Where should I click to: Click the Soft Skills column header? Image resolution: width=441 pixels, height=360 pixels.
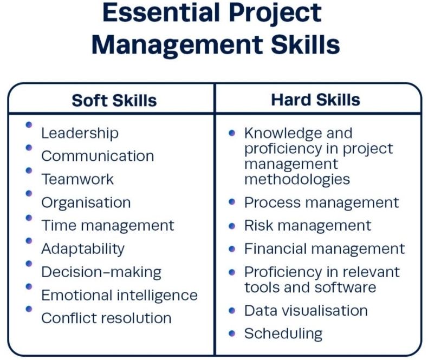click(x=114, y=100)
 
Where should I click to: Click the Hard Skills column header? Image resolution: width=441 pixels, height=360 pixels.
click(x=315, y=100)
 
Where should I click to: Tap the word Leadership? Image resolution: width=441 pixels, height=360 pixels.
click(x=80, y=134)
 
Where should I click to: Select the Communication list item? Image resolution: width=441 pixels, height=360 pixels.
click(x=98, y=156)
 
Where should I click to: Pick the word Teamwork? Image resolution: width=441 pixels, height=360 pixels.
click(x=77, y=179)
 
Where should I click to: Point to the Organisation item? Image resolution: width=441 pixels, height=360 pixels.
click(x=86, y=203)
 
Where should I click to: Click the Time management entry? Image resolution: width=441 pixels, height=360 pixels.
click(x=108, y=226)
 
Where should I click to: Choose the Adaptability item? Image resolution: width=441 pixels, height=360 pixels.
click(x=83, y=249)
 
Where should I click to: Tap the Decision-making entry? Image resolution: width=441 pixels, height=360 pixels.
click(x=101, y=272)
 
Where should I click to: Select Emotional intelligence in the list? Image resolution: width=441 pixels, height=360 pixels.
click(x=120, y=296)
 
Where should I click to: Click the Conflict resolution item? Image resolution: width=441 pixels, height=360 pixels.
click(x=106, y=318)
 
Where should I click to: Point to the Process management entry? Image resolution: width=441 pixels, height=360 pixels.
click(x=321, y=202)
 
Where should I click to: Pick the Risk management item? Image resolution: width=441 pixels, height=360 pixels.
click(x=308, y=226)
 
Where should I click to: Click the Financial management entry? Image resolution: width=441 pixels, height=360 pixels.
click(x=325, y=249)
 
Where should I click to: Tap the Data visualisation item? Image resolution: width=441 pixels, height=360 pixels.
click(x=306, y=311)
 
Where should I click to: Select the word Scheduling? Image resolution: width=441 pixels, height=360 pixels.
click(x=283, y=334)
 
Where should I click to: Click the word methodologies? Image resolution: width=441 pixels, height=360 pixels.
click(x=297, y=180)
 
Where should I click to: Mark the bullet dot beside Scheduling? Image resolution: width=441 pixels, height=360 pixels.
click(x=232, y=333)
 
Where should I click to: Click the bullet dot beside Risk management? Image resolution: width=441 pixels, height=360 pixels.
click(x=232, y=226)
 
